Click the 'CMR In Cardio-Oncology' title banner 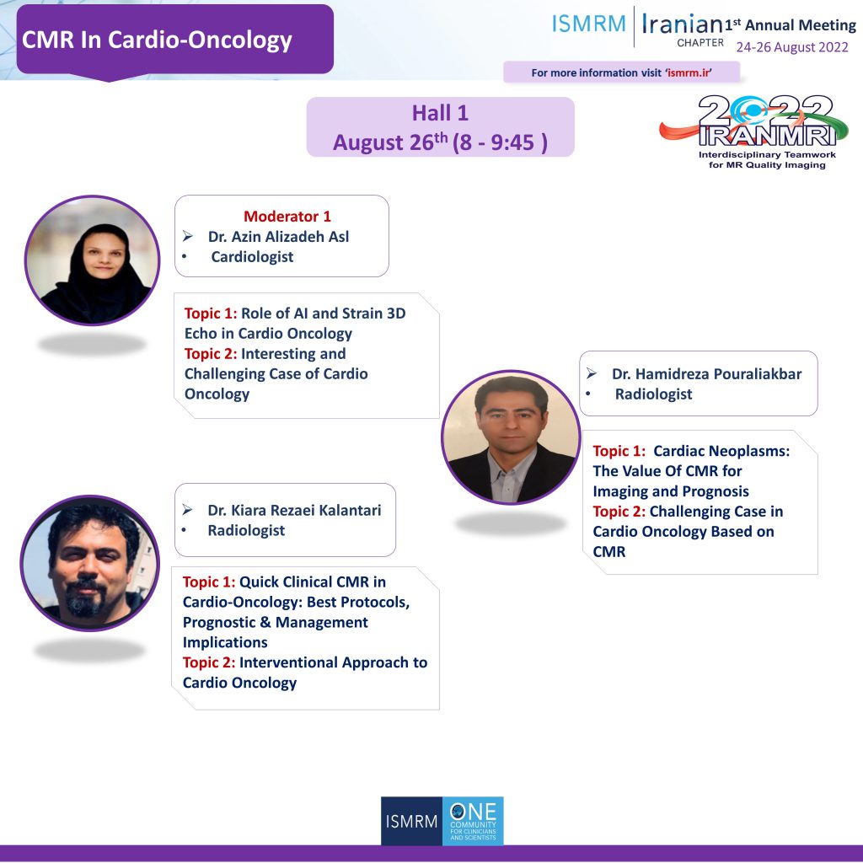[175, 40]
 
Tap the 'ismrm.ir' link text [689, 72]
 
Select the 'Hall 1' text [440, 113]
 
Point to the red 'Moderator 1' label [287, 217]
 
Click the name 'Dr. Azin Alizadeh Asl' [278, 237]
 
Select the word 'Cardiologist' [252, 257]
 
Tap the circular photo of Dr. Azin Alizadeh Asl [93, 260]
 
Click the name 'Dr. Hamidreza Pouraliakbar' [707, 374]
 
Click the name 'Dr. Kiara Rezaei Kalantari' [294, 510]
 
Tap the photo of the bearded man [89, 563]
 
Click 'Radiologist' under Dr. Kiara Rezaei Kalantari [246, 531]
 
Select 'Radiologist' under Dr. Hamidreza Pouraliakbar [653, 394]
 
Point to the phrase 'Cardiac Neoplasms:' [721, 452]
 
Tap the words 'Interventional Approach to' [334, 662]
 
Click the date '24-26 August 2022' [792, 47]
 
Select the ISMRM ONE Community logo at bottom [442, 821]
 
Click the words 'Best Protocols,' [358, 602]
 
